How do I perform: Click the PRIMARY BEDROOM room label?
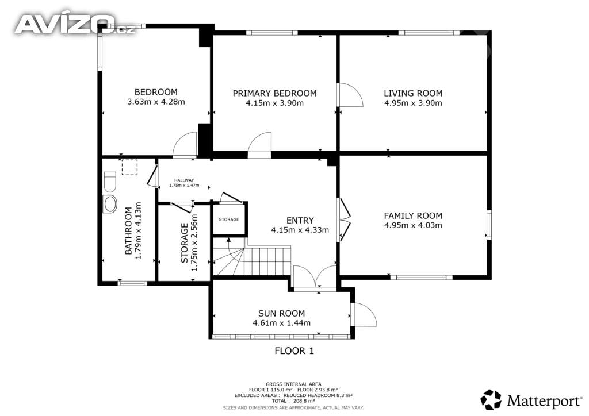coord(274,93)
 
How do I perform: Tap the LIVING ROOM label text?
coord(413,93)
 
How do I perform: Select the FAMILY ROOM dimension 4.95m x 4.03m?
coord(413,225)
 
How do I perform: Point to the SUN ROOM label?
coord(281,313)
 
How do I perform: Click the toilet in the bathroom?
coord(110,182)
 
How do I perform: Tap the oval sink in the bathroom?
coord(110,205)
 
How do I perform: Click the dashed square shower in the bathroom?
coord(129,167)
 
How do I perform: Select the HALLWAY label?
coord(184,180)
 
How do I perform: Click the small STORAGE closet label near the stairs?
coord(229,219)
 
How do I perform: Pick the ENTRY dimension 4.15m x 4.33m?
coord(300,230)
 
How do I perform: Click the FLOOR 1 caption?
coord(294,351)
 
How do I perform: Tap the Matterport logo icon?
coord(491,400)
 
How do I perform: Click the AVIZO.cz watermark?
coord(75,24)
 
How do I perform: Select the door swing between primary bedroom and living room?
coord(350,95)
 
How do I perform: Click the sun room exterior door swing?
coord(364,314)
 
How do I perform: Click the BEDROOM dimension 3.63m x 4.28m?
coord(156,102)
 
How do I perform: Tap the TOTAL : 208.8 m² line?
coord(293,401)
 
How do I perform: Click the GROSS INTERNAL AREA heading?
coord(293,384)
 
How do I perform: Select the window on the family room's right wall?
coord(489,225)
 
